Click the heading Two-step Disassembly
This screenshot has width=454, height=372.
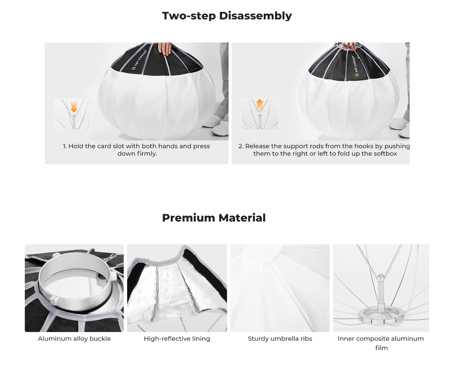pos(227,16)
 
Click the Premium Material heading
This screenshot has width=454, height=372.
pos(214,218)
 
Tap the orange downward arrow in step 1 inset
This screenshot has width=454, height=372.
pos(74,107)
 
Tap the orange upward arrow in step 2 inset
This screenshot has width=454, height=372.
pos(260,105)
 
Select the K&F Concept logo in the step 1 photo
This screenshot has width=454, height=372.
pos(139,60)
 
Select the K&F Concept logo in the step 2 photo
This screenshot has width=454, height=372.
pos(355,66)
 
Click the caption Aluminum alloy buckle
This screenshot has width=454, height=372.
pos(74,339)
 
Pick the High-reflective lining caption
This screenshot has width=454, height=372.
pos(177,339)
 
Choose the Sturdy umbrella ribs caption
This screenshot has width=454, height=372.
pos(280,339)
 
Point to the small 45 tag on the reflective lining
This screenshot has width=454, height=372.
pos(167,268)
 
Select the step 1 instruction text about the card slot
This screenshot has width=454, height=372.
pos(136,150)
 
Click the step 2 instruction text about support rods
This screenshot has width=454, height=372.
pos(324,150)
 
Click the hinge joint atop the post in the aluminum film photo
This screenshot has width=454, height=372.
pos(381,277)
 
